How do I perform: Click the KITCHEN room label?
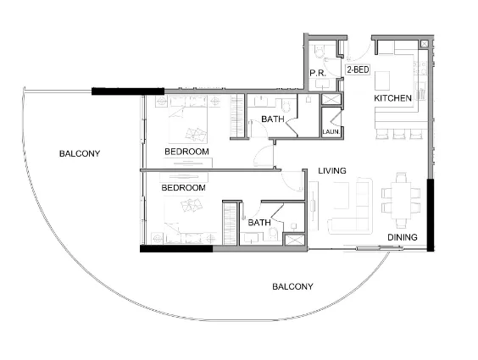coord(393,99)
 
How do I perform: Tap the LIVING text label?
coord(332,171)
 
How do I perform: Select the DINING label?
coord(403,237)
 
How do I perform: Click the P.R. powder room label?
coord(319,74)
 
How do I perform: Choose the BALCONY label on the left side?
coord(80,154)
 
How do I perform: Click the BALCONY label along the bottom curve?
coord(292,287)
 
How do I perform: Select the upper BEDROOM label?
coord(186,152)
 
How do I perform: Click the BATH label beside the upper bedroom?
coord(272,119)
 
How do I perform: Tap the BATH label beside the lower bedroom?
coord(258,223)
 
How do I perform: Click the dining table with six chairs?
coord(398,197)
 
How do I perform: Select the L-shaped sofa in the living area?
coord(349,208)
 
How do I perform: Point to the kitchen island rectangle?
coord(382,80)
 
